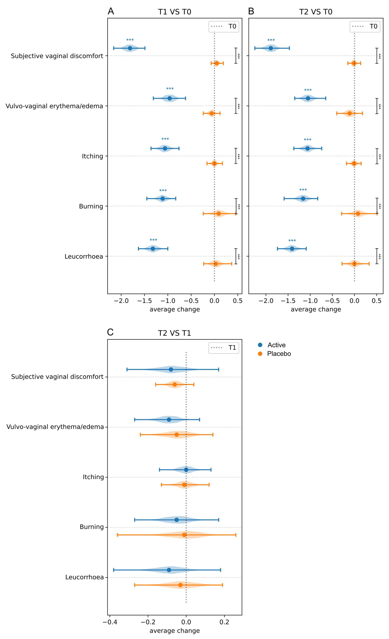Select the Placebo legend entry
[x=279, y=354]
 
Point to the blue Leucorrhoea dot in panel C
[x=169, y=570]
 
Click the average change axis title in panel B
[x=316, y=309]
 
